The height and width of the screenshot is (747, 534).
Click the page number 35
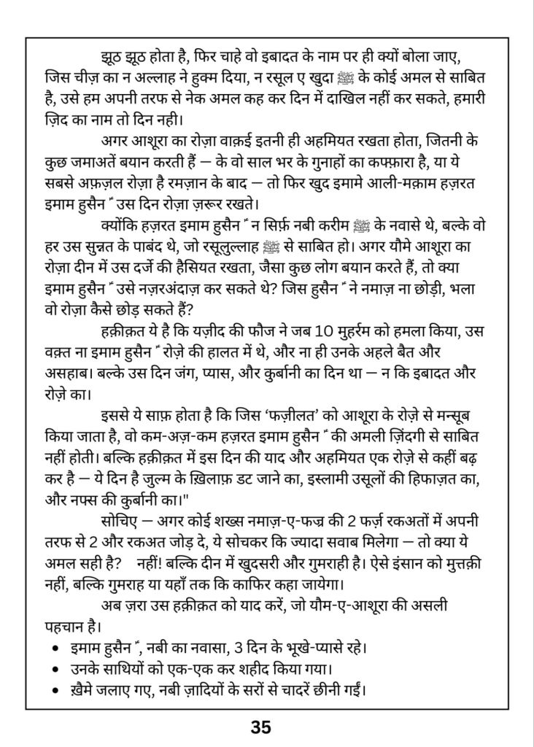[x=260, y=727]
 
